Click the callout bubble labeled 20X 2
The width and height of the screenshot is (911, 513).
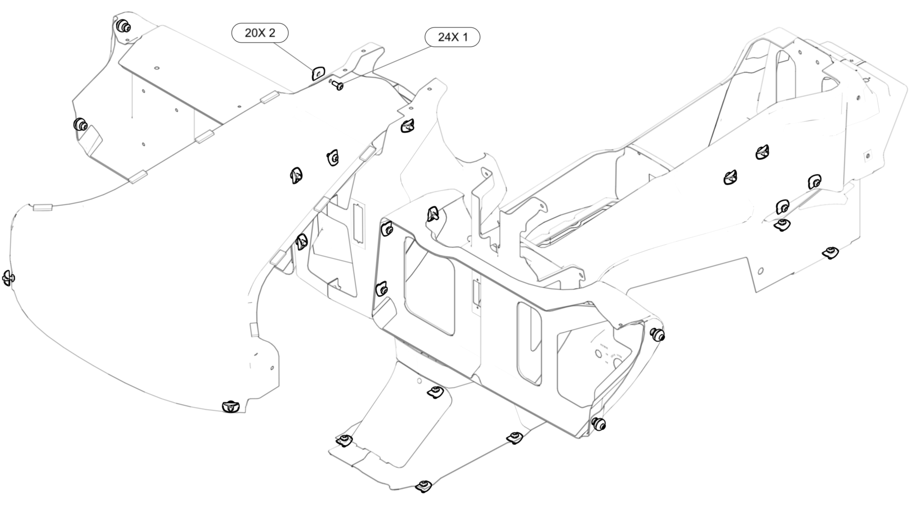[260, 33]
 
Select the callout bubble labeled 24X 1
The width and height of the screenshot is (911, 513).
[452, 37]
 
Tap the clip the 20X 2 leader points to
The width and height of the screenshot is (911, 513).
[318, 73]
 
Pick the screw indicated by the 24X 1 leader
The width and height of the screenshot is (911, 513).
[337, 85]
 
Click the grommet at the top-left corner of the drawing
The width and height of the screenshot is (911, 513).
[123, 27]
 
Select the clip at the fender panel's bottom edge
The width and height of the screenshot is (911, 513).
[231, 406]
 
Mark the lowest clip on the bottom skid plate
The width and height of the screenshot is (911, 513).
[423, 486]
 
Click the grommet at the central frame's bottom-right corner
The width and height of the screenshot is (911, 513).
[598, 424]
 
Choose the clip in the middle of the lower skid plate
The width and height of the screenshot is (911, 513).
[435, 392]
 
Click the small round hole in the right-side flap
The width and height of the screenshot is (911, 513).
[761, 271]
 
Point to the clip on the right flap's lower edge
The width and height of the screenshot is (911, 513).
[831, 253]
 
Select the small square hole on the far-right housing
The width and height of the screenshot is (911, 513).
[868, 156]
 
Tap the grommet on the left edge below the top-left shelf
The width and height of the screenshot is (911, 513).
[81, 125]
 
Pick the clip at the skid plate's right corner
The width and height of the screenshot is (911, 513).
[515, 437]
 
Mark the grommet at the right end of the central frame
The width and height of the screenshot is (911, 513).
[657, 334]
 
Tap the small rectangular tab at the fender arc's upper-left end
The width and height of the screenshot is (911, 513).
[42, 208]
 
